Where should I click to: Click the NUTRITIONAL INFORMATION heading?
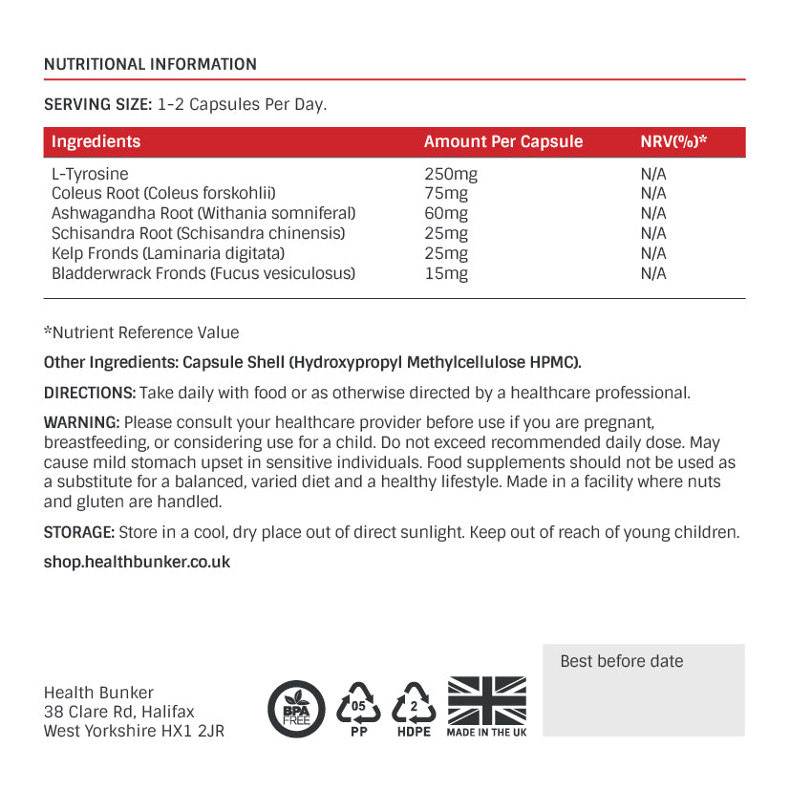(x=150, y=65)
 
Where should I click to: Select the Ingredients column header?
(x=96, y=141)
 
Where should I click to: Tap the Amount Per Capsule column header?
(x=502, y=141)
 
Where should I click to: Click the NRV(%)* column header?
(x=673, y=141)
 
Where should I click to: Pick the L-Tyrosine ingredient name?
(x=90, y=174)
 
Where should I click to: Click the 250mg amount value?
(x=450, y=174)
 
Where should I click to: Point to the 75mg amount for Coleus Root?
(x=446, y=194)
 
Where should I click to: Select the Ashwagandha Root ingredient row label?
(x=203, y=213)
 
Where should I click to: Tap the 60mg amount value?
(x=446, y=213)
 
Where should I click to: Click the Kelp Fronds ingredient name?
(x=168, y=253)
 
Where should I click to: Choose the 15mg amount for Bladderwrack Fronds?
(x=446, y=273)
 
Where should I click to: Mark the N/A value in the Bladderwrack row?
(x=653, y=273)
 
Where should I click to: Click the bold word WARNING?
(x=82, y=422)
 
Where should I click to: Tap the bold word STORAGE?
(x=79, y=533)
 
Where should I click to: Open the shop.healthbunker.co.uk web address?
(x=138, y=562)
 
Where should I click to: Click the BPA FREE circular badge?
(x=296, y=709)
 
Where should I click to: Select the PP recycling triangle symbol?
(x=359, y=707)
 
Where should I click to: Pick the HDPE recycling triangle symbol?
(x=415, y=707)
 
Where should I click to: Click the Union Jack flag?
(x=487, y=700)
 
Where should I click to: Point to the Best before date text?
(x=622, y=661)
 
